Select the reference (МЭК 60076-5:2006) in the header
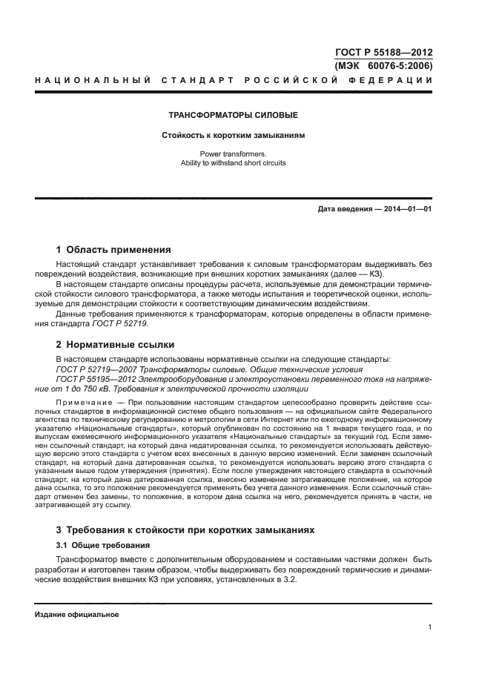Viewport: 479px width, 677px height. coord(384,65)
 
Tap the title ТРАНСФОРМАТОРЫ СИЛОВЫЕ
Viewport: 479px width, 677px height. coord(234,116)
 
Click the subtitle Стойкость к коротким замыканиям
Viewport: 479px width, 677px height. coord(234,136)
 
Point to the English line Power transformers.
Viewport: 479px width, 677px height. coord(234,153)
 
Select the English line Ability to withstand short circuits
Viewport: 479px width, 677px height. coord(234,162)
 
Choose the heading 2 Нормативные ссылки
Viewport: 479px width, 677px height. coord(116,345)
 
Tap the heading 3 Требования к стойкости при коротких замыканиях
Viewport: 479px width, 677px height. coord(185,530)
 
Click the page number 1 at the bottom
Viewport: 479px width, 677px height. coord(429,628)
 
